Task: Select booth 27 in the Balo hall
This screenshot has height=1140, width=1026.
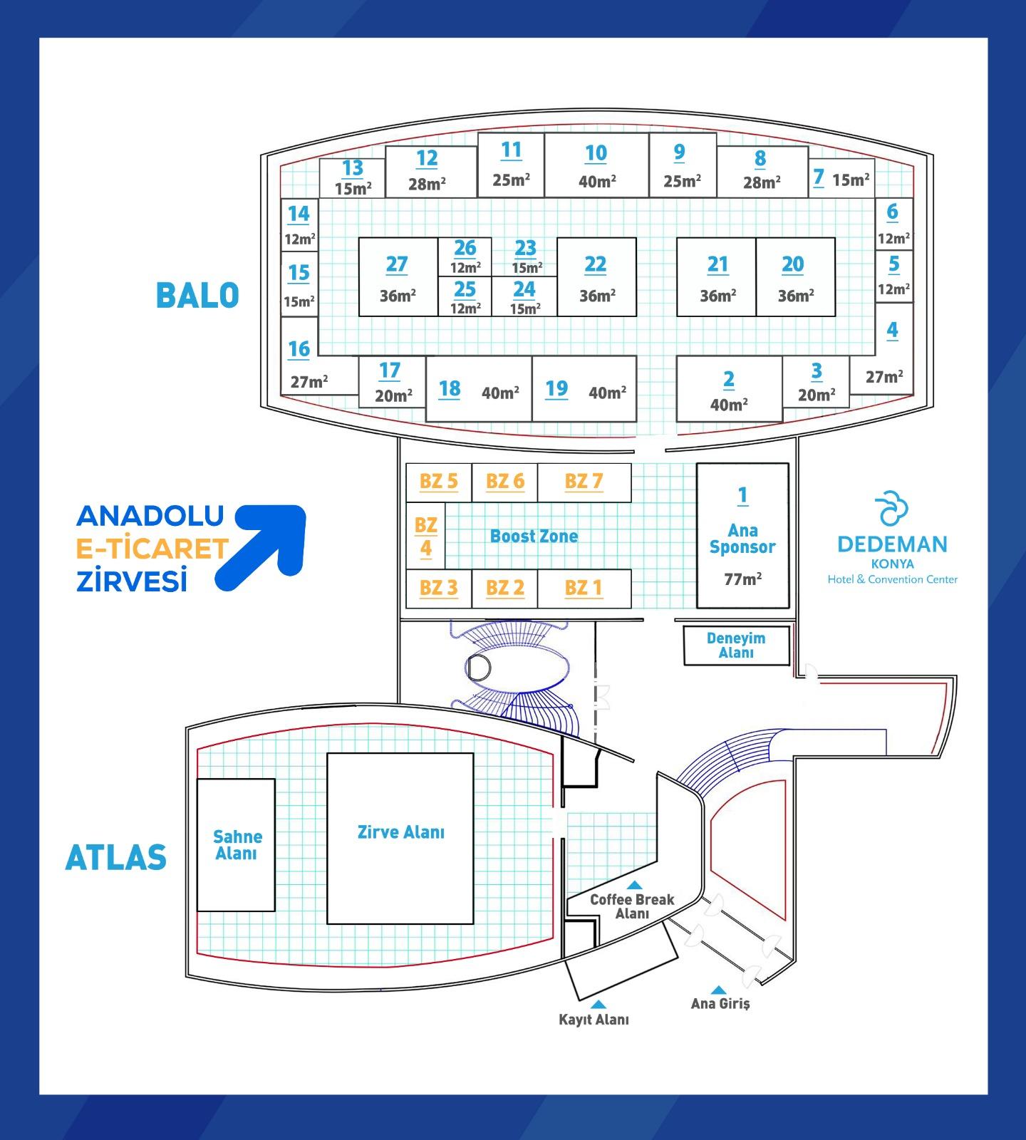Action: click(398, 276)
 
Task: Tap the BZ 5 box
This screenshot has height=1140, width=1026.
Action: click(438, 482)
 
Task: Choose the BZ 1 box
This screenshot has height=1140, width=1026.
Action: click(584, 589)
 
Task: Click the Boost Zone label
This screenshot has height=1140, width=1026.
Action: click(534, 537)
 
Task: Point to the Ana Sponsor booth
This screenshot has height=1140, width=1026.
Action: click(742, 536)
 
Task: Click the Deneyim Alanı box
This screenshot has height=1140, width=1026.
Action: click(736, 646)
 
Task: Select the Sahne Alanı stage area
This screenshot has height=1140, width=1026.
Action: click(236, 844)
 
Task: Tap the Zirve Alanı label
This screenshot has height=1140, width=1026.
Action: click(400, 832)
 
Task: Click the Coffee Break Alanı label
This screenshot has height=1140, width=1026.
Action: click(632, 906)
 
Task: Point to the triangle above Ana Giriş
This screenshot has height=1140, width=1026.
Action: click(719, 990)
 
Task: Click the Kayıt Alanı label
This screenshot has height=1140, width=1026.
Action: click(594, 1020)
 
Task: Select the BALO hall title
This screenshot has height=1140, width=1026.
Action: click(197, 296)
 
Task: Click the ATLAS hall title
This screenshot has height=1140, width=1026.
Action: click(115, 858)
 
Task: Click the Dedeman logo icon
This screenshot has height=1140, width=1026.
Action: click(892, 508)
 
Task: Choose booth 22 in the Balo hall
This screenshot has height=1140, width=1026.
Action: click(596, 276)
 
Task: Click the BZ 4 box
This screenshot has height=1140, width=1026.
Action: click(425, 537)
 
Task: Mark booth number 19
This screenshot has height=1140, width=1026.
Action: click(556, 389)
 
